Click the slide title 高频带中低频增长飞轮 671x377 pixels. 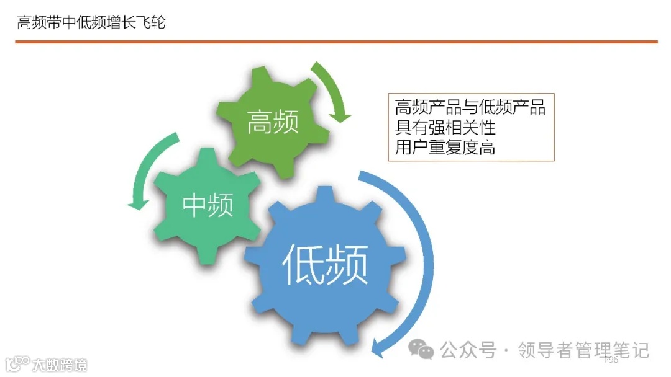(x=91, y=24)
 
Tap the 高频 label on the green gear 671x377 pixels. (x=273, y=122)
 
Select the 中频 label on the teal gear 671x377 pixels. (x=208, y=204)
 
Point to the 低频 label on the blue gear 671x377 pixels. (x=325, y=264)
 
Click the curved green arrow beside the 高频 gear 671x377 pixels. (x=333, y=87)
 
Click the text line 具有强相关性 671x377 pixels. (x=445, y=127)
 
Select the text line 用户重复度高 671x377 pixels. (x=445, y=148)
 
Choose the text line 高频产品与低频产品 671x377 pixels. (x=470, y=107)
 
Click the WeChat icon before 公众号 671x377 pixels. (x=425, y=350)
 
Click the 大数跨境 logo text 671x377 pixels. (x=60, y=364)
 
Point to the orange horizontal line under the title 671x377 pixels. (x=335, y=42)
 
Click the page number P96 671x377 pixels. (x=611, y=360)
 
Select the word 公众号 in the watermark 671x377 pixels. (x=468, y=350)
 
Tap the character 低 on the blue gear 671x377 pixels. (x=304, y=264)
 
